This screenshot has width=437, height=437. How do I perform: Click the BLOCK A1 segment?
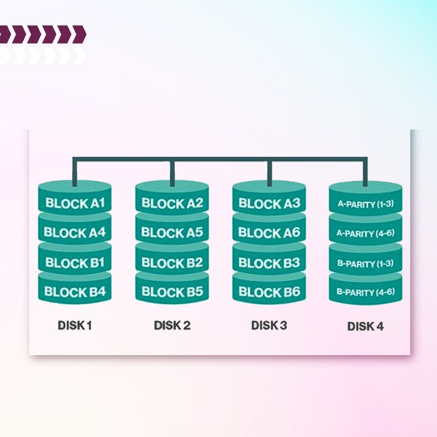tap(75, 203)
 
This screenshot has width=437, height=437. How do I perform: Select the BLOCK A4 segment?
tap(75, 233)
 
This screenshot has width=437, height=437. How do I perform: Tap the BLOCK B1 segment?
tap(75, 263)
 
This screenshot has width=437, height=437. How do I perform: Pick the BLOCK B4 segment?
tap(75, 292)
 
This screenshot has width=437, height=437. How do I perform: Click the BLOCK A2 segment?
tap(172, 203)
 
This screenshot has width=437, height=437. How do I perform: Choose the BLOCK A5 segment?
tap(172, 233)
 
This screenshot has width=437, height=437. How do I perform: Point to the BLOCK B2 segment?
tap(172, 263)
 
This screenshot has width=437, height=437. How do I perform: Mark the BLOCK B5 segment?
tap(172, 292)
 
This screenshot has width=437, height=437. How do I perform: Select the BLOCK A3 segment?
tap(269, 203)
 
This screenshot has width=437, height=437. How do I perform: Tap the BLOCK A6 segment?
tap(269, 233)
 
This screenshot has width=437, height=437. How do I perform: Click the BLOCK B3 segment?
tap(269, 263)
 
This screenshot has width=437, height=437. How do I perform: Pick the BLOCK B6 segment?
tap(269, 292)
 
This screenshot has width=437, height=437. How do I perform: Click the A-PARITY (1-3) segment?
tap(366, 204)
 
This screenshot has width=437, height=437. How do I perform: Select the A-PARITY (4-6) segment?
tap(366, 234)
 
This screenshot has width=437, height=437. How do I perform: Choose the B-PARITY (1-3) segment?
tap(366, 264)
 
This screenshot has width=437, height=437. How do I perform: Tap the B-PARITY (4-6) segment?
tap(366, 292)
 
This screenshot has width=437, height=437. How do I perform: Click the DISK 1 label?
tap(75, 325)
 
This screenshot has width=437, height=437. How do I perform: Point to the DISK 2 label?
tap(172, 325)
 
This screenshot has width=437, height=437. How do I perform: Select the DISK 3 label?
tap(269, 325)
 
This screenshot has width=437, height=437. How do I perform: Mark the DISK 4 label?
tap(365, 326)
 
